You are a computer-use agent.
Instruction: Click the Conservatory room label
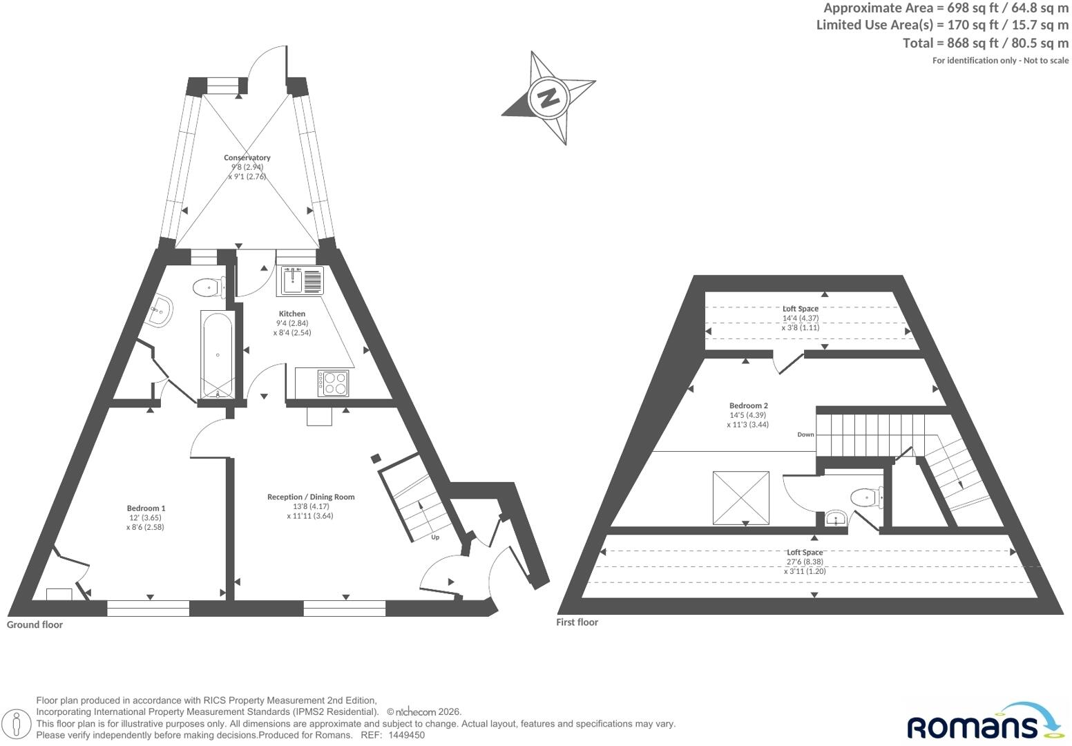[247, 157]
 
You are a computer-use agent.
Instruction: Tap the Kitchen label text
[292, 314]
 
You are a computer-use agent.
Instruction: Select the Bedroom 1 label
[146, 508]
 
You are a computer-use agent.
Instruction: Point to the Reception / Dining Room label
[311, 497]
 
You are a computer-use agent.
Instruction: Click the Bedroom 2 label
[749, 405]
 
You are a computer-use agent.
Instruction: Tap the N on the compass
[548, 98]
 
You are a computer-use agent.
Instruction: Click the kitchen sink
[292, 280]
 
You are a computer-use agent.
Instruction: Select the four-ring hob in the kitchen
[334, 383]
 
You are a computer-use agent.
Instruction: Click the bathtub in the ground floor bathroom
[218, 354]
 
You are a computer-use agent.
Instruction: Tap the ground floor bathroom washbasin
[160, 311]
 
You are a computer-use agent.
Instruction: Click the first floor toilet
[867, 497]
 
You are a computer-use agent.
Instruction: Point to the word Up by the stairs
[435, 537]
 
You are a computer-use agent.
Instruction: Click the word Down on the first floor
[805, 434]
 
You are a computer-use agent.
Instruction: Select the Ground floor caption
[35, 624]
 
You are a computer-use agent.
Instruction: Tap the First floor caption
[577, 622]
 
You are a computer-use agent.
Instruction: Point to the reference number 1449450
[406, 735]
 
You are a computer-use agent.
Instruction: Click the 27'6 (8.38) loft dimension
[805, 562]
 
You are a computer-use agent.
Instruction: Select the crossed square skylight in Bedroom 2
[741, 498]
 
